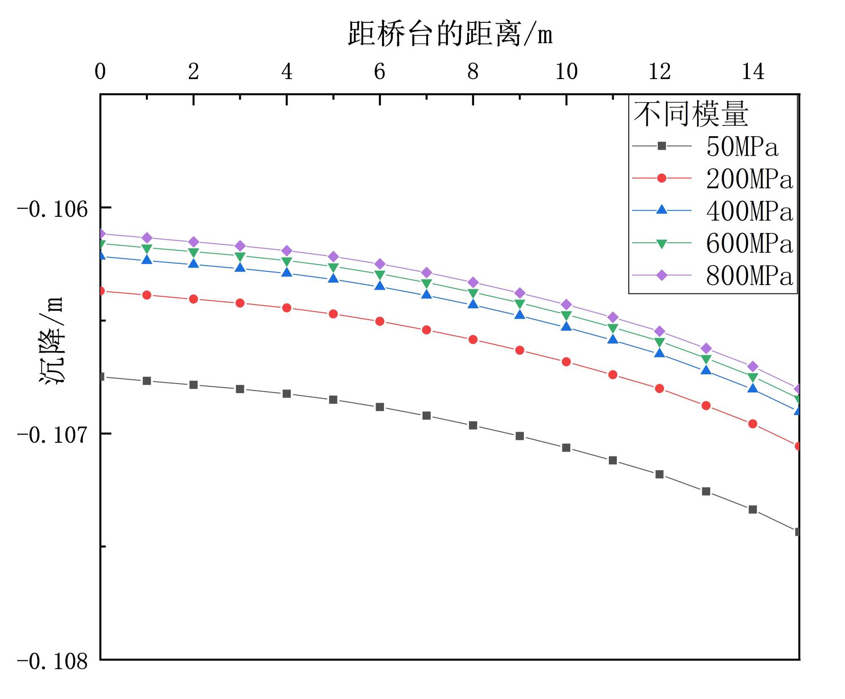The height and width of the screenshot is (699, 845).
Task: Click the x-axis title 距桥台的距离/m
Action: (x=450, y=34)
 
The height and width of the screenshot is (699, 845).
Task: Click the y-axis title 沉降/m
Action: (x=52, y=340)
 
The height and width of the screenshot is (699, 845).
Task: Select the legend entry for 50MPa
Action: (x=741, y=147)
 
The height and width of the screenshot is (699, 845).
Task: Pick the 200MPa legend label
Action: (x=749, y=179)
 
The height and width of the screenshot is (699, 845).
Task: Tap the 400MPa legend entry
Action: (x=749, y=211)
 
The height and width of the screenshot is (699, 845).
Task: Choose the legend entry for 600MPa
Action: (x=749, y=244)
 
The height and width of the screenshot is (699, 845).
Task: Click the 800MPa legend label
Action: (x=749, y=276)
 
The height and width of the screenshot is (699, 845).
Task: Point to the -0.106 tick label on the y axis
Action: (x=52, y=209)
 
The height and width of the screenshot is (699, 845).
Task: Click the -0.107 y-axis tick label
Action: (x=52, y=435)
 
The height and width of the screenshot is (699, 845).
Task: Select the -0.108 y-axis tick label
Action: (x=52, y=661)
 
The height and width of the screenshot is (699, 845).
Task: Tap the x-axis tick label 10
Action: (x=566, y=71)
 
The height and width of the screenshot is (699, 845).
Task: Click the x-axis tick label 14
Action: (x=753, y=71)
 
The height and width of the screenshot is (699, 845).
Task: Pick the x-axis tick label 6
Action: (x=379, y=71)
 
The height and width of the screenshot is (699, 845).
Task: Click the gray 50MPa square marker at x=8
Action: (x=473, y=425)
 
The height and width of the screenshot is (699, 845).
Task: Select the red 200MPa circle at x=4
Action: (x=287, y=308)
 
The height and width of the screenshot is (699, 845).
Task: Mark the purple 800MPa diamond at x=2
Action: (x=194, y=242)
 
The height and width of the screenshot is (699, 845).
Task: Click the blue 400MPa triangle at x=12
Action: (x=660, y=353)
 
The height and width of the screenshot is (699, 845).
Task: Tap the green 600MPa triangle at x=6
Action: (x=380, y=274)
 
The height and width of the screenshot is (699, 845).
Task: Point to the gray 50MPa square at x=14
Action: (x=752, y=510)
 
